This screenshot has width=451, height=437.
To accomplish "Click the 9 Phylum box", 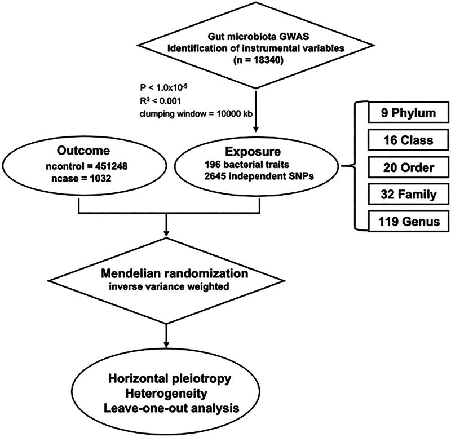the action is tap(408, 112).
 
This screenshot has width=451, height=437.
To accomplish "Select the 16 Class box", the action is tap(408, 140).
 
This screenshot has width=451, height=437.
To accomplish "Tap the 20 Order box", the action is tap(408, 167).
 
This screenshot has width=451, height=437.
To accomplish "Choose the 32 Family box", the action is tap(408, 195).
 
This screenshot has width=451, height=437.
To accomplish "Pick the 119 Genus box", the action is tap(408, 222).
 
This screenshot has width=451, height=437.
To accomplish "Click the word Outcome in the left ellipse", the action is tap(83, 151).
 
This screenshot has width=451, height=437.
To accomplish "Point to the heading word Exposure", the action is tap(253, 152).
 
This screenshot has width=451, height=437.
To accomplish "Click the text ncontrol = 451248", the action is tap(87, 166).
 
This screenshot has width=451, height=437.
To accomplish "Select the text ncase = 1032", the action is tap(81, 178).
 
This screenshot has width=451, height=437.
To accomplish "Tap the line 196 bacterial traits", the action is tap(247, 164).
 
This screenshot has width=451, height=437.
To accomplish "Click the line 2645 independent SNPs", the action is tap(259, 176).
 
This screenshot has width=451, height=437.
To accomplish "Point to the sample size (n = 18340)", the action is tap(255, 61).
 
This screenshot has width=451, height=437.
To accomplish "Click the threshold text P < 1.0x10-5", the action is tap(164, 87).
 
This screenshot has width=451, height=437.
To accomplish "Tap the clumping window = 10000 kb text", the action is tap(196, 114).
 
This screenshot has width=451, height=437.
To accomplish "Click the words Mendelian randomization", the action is tap(175, 273).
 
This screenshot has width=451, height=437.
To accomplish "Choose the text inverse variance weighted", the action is tap(169, 287).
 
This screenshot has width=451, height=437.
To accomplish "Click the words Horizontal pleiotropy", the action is tap(170, 378).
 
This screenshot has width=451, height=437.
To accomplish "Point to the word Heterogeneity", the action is tap(166, 393).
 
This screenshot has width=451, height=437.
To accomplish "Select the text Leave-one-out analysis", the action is tap(171, 408).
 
